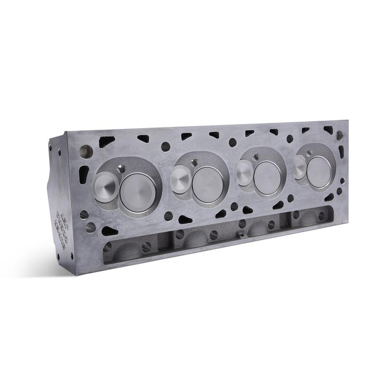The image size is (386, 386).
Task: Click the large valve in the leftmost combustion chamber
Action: (138, 192)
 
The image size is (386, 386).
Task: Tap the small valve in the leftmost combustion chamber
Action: (105, 187)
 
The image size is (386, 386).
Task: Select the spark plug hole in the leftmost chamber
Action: (122, 169)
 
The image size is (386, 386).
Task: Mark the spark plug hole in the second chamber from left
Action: (194, 163)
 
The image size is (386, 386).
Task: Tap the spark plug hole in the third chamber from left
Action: (256, 157)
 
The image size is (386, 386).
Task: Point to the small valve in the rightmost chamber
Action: (299, 166)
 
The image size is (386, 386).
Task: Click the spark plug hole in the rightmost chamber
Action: (309, 152)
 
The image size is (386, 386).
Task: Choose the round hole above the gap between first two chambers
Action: (165, 146)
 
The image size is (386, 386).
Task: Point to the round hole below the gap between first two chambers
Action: (168, 216)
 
